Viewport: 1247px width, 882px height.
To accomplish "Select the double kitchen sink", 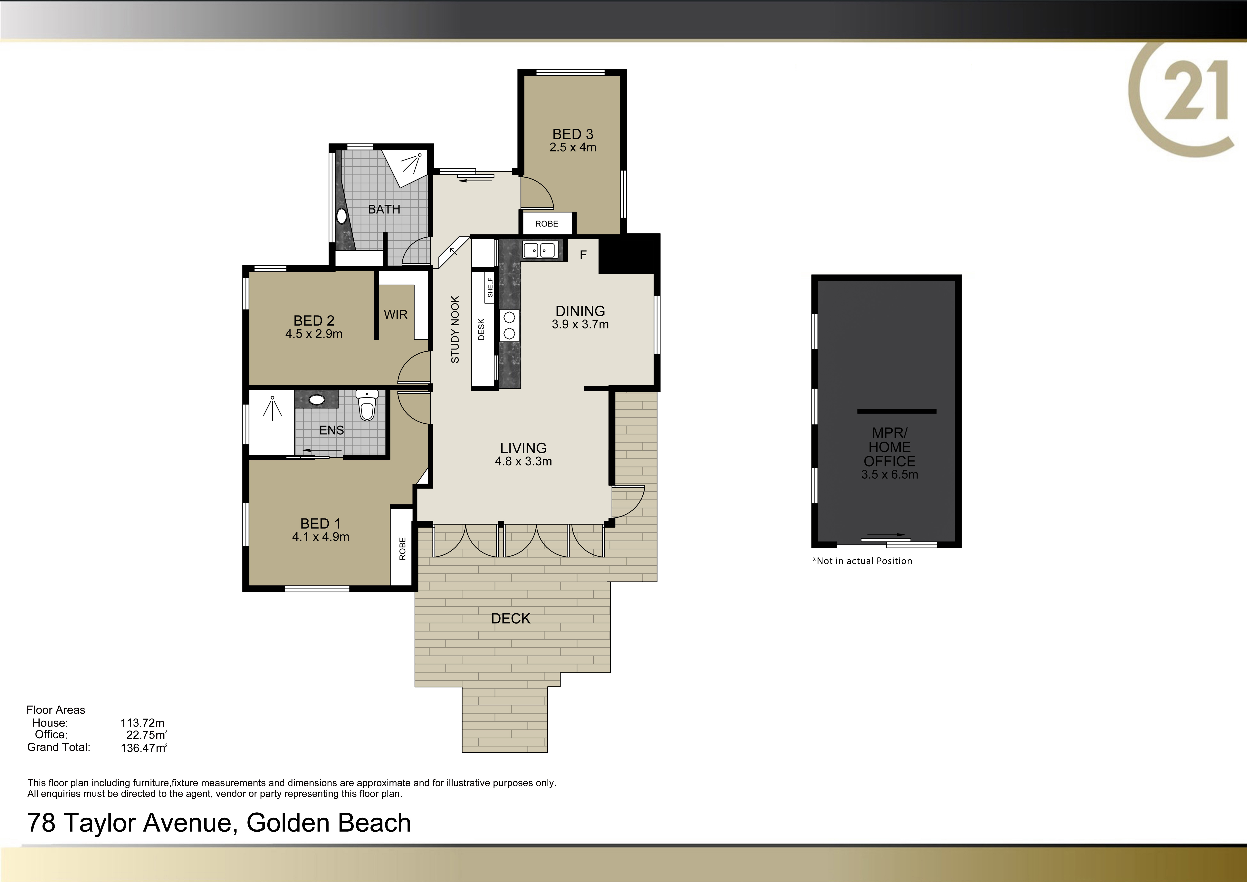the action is (539, 250).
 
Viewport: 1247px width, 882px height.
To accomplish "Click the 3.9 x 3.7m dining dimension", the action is (580, 324).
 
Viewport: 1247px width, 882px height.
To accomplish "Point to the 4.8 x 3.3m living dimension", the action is (523, 461).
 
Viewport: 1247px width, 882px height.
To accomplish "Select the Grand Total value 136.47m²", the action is (144, 748).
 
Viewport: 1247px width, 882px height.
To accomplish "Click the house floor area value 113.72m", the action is (142, 723).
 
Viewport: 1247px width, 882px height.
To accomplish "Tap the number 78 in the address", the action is (41, 823).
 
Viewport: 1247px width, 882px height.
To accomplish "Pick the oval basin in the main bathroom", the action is (341, 216).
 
